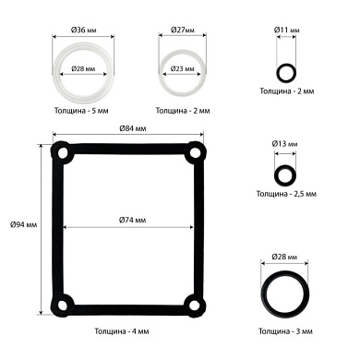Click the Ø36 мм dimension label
pos(83,30)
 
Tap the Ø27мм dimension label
pos(183,30)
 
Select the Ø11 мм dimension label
pos(286,30)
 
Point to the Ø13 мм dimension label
pos(284,144)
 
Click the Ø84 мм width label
pos(133,128)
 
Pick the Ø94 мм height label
pos(23,224)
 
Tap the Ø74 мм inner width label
pos(132,220)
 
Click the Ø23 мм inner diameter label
pos(183,68)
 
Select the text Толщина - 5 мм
pos(81,111)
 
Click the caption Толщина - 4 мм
pos(122,331)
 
